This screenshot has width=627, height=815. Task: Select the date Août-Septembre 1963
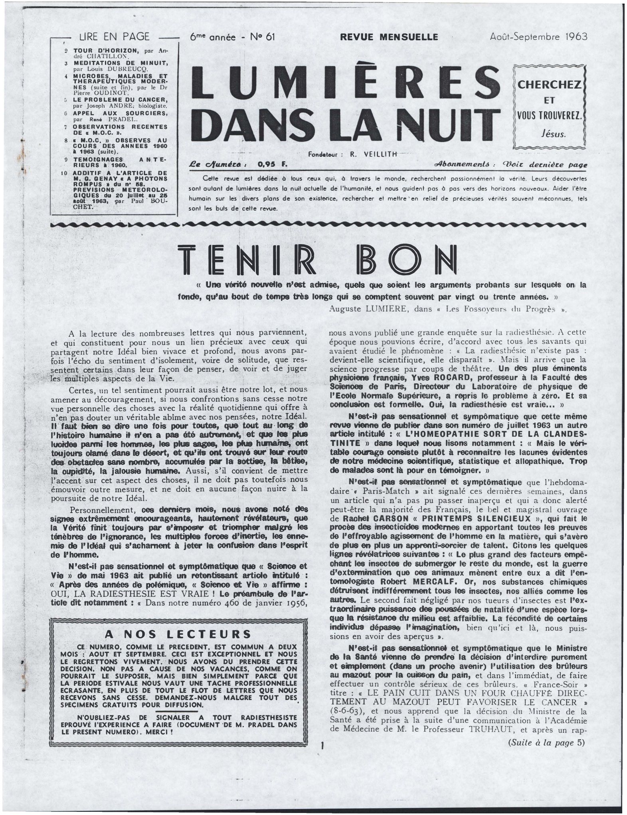tap(539, 37)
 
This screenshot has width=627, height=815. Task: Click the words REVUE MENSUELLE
tap(389, 37)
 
